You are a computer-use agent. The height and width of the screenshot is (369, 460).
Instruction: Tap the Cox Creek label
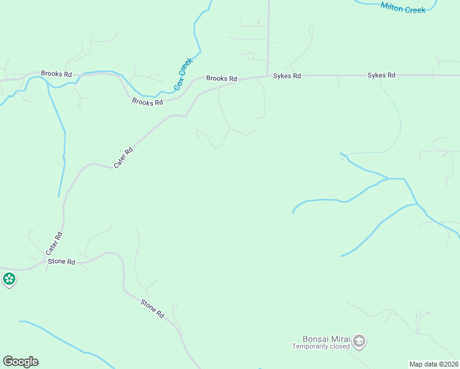coord(183,74)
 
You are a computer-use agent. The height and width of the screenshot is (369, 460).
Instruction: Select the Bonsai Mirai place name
coord(326,339)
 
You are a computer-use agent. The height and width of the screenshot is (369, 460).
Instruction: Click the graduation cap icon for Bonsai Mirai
coord(360,341)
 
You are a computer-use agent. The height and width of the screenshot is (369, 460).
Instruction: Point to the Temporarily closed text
coord(320,346)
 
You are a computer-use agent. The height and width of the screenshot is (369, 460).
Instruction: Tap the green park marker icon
coord(9,280)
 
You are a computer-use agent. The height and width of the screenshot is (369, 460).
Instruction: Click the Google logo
coord(20,362)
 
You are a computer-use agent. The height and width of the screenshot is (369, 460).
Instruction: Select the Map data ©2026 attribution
coord(434,364)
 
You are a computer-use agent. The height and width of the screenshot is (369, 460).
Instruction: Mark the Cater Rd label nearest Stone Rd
coord(54,244)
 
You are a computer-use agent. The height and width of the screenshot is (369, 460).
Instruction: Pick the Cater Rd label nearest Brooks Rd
coord(123,158)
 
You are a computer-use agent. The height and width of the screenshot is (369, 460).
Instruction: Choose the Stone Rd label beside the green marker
coord(61,262)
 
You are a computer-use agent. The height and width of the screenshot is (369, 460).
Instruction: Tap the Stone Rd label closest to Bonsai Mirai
coord(152,308)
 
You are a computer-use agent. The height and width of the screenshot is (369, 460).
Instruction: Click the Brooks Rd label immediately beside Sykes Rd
coord(221,79)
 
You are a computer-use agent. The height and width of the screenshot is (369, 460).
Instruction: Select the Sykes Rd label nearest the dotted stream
coord(381,76)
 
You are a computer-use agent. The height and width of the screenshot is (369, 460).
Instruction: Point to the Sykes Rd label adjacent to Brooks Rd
coord(287,76)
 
